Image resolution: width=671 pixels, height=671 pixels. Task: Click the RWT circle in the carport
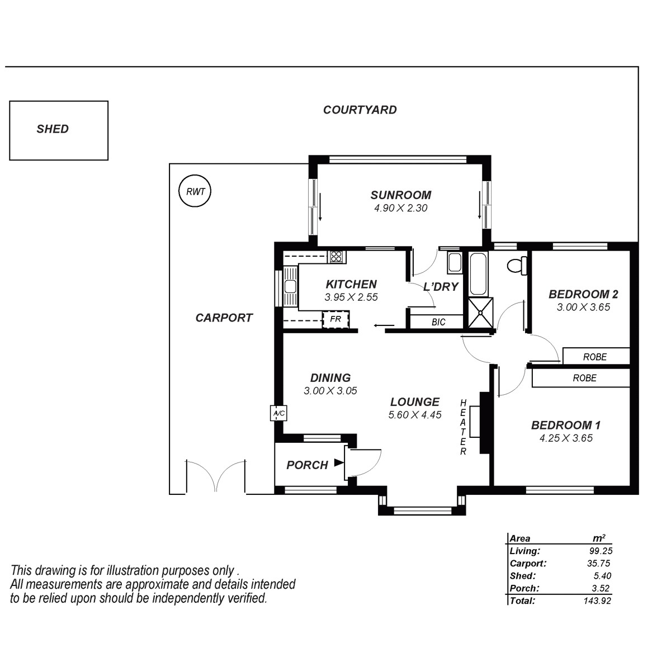click(195, 191)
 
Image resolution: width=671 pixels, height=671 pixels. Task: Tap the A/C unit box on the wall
click(278, 413)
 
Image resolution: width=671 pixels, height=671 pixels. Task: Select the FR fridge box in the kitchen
click(335, 319)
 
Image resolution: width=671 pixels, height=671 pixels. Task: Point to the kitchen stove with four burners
click(337, 257)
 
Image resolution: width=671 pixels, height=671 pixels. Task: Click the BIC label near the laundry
click(438, 323)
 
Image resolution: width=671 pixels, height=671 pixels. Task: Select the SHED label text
click(53, 129)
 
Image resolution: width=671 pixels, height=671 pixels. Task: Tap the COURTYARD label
click(360, 110)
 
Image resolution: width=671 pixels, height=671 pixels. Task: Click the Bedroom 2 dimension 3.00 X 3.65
click(583, 307)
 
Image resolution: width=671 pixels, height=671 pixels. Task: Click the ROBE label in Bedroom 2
click(594, 357)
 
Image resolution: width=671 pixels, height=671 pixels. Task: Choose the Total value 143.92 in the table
click(597, 601)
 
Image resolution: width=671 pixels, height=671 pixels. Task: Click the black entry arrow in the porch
click(338, 462)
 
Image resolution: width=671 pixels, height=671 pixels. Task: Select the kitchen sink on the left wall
click(290, 286)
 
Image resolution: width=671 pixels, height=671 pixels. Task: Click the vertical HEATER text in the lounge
click(463, 427)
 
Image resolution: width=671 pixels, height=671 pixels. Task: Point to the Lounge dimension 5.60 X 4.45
click(414, 415)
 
